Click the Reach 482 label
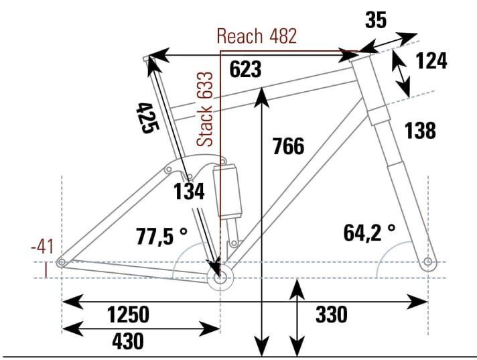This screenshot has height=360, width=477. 257,36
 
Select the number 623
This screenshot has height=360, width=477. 245,69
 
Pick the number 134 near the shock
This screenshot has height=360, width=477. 188,192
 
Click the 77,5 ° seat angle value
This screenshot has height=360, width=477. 162,237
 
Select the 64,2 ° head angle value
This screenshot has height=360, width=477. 369,233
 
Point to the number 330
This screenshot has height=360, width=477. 330,314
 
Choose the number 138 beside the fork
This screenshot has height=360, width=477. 419,130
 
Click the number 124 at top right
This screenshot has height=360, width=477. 431,61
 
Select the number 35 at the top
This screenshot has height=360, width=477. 376,21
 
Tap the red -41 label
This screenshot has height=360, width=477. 44,247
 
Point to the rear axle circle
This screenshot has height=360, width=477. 62,262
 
